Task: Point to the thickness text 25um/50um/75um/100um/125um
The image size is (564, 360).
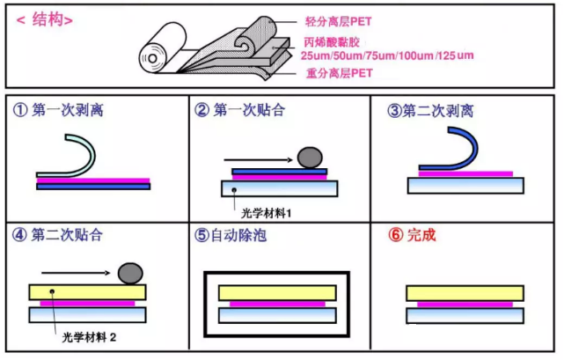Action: point(388,56)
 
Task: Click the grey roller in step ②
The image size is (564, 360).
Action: point(310,158)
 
